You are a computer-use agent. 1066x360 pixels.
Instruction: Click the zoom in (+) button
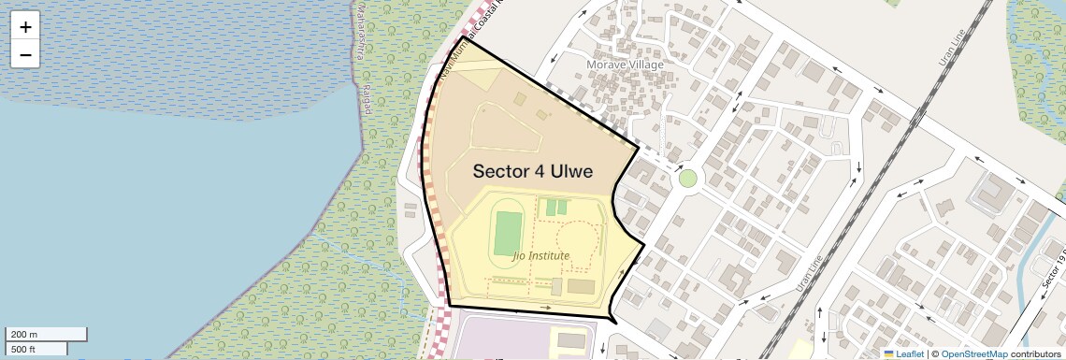25,26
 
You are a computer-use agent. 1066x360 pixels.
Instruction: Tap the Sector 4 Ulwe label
533,171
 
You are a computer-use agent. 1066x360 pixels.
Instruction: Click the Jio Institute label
541,254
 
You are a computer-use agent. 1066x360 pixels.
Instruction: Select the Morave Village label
624,65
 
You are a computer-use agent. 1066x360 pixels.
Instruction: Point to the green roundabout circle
688,178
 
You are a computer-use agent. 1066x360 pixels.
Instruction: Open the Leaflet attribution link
910,353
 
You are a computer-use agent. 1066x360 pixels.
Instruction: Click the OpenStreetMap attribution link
973,353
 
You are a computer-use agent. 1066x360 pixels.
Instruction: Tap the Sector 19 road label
1053,271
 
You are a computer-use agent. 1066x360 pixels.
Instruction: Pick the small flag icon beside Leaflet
889,353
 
